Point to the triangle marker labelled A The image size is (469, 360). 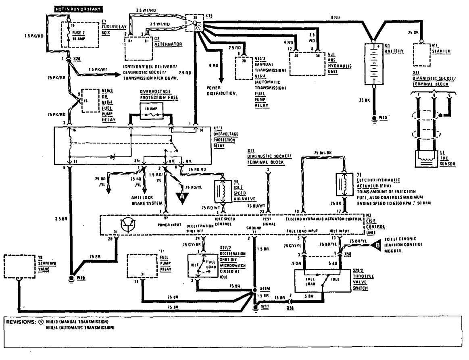click(182, 197)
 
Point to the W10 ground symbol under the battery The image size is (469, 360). click(374, 120)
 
